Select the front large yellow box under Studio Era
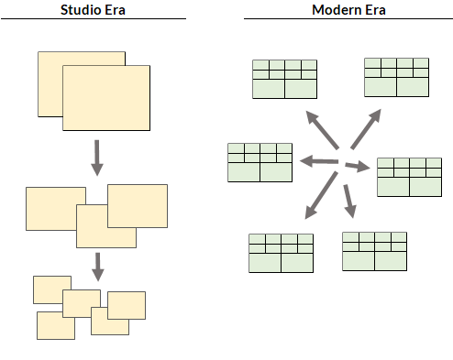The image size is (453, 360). (105, 97)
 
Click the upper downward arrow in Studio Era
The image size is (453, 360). (97, 158)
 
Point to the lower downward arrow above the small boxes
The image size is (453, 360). (98, 267)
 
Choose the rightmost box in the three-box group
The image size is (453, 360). (138, 205)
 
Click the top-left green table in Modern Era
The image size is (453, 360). (284, 79)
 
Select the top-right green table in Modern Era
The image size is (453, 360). (396, 77)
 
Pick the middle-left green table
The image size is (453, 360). (260, 162)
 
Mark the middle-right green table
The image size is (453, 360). (409, 177)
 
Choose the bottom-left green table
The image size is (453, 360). (281, 253)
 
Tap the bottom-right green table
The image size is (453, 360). (374, 251)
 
